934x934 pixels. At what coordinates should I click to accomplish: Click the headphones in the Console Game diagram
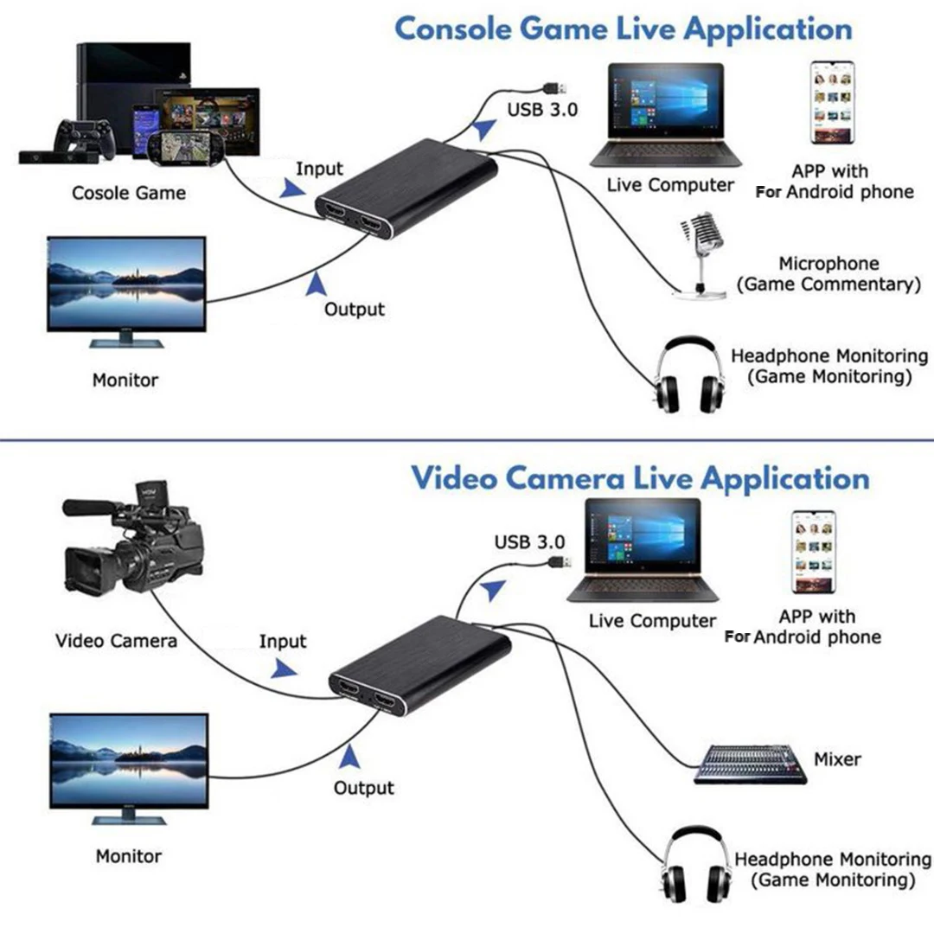688,378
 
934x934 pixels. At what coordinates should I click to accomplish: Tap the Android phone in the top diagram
834,101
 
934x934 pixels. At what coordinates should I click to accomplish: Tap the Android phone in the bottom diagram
814,553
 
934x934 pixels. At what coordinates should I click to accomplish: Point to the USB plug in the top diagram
554,87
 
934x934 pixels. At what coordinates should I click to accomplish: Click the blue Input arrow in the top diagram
291,188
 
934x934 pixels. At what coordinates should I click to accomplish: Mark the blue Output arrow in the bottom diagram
349,758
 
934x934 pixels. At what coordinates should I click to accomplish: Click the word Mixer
837,759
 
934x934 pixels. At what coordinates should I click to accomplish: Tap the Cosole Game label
129,192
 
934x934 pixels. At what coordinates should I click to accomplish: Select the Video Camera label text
116,641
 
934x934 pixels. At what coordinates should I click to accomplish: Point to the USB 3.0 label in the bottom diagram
529,542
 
